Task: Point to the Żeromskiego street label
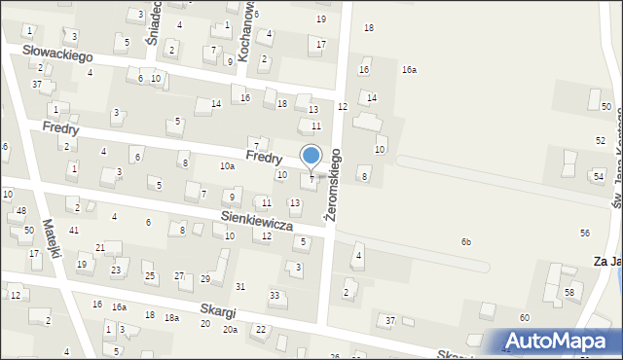(x=335, y=185)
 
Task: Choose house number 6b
(x=466, y=241)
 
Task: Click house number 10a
(x=226, y=166)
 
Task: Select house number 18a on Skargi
(x=171, y=317)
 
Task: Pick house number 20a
(x=230, y=330)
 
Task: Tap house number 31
(x=240, y=286)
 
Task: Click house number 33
(x=275, y=295)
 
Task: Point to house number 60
(x=524, y=318)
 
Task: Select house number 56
(x=584, y=233)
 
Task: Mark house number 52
(x=600, y=141)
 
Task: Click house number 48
(x=21, y=211)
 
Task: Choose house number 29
(x=205, y=278)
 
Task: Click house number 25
(x=150, y=276)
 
